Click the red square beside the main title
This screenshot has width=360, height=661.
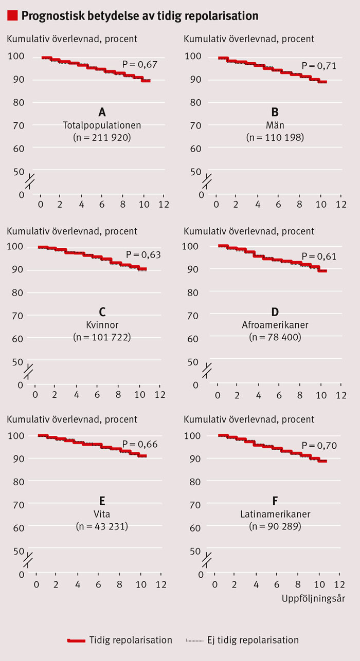pos(12,16)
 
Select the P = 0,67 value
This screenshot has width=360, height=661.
pos(139,64)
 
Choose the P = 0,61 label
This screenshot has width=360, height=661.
pos(318,256)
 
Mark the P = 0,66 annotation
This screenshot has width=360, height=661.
pos(139,445)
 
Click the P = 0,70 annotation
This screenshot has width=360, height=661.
pos(319,445)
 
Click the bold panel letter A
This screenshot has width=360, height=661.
pos(102,112)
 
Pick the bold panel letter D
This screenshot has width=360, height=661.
pos(275,311)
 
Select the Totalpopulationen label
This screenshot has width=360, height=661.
pos(102,125)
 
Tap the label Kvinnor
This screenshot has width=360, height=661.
pos(102,325)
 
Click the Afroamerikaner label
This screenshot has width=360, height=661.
pos(275,325)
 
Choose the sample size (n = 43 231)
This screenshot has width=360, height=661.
pos(102,526)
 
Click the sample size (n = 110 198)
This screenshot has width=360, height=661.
pos(275,138)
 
